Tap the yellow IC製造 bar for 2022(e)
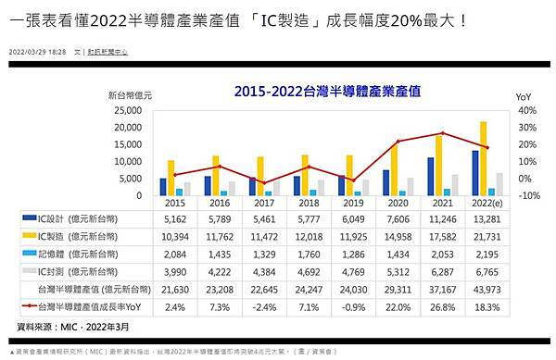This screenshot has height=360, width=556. coord(483,159)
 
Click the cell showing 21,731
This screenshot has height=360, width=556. coord(480,236)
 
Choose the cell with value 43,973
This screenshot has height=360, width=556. coord(480,288)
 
